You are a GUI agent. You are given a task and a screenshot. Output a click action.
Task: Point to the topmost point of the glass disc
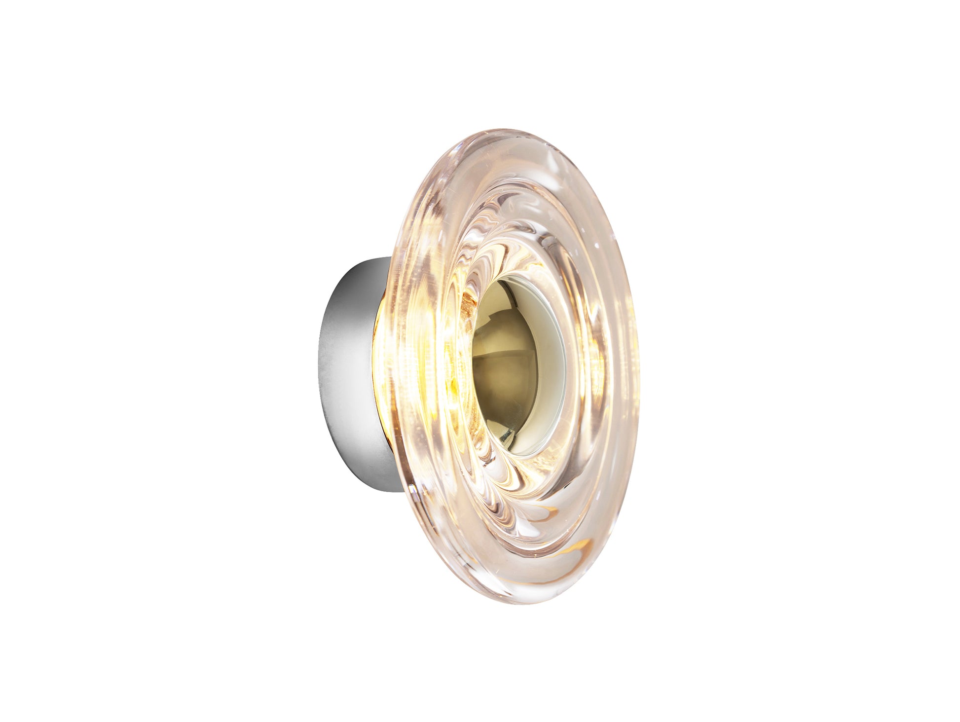coord(493,130)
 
